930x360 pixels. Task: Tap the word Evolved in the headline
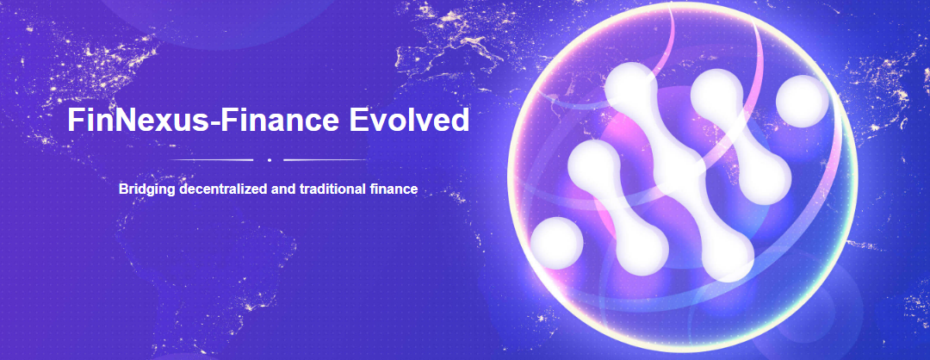[409, 120]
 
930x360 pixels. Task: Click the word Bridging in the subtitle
[147, 190]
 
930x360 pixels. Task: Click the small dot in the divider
[270, 160]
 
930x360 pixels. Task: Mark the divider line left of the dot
[211, 160]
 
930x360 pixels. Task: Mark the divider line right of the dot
[325, 160]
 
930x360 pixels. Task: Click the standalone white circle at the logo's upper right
[803, 102]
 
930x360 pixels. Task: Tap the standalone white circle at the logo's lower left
[556, 243]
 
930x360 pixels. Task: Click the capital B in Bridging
[123, 189]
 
